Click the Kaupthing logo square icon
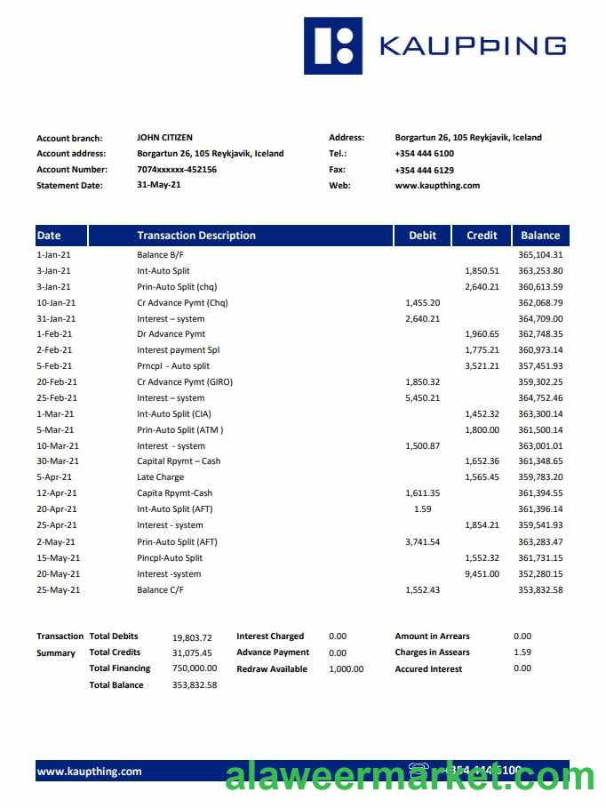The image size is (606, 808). pyautogui.click(x=333, y=45)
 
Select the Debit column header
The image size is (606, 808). pyautogui.click(x=423, y=236)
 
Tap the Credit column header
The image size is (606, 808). pyautogui.click(x=482, y=236)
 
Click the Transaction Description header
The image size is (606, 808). pyautogui.click(x=196, y=236)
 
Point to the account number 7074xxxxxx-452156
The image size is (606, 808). pyautogui.click(x=177, y=170)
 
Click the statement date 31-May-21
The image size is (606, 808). pyautogui.click(x=159, y=186)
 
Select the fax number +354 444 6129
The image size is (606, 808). pyautogui.click(x=425, y=170)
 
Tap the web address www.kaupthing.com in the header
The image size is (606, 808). pyautogui.click(x=437, y=186)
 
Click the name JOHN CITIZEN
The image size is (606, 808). pyautogui.click(x=164, y=138)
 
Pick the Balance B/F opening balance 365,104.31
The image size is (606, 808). pyautogui.click(x=540, y=255)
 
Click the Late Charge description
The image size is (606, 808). pyautogui.click(x=160, y=477)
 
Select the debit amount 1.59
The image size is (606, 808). pyautogui.click(x=423, y=509)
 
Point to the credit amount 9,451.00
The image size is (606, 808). pyautogui.click(x=482, y=573)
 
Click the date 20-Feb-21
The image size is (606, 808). pyautogui.click(x=56, y=382)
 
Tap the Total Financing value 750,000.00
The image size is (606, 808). pyautogui.click(x=195, y=668)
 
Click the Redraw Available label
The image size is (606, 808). pyautogui.click(x=272, y=668)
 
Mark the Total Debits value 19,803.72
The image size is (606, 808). pyautogui.click(x=192, y=637)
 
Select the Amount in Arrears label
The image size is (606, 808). pyautogui.click(x=433, y=636)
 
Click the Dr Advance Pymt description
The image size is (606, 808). pyautogui.click(x=171, y=334)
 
